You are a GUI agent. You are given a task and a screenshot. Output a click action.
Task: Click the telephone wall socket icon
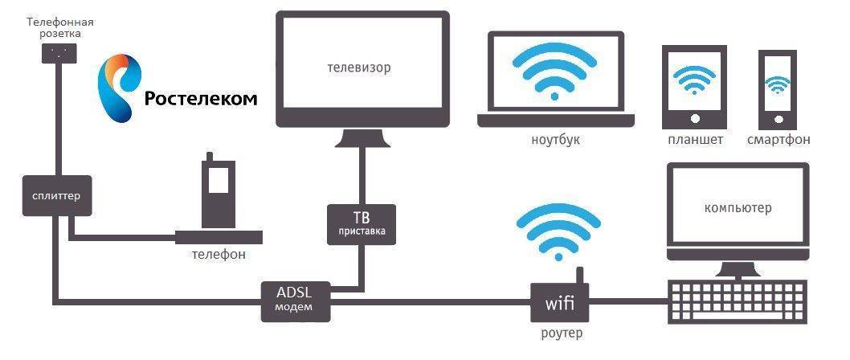pyautogui.click(x=59, y=52)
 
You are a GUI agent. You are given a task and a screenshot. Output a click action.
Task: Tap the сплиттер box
pyautogui.click(x=56, y=194)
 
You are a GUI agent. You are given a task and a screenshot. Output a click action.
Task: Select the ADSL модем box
pyautogui.click(x=295, y=299)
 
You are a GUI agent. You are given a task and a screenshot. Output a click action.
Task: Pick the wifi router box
pyautogui.click(x=559, y=302)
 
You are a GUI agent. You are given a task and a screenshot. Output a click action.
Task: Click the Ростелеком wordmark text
pyautogui.click(x=201, y=98)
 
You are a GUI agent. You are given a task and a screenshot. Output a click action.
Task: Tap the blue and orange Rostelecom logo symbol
pyautogui.click(x=119, y=87)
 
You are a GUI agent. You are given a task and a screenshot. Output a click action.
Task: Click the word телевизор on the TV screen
pyautogui.click(x=358, y=68)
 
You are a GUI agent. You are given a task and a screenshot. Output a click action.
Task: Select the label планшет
pyautogui.click(x=695, y=139)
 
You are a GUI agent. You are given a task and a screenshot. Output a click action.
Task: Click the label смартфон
pyautogui.click(x=778, y=139)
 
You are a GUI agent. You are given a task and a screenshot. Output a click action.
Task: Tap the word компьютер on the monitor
pyautogui.click(x=738, y=207)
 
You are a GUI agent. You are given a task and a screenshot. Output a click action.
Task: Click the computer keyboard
pyautogui.click(x=738, y=301)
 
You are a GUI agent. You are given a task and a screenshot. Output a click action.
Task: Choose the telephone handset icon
pyautogui.click(x=219, y=193)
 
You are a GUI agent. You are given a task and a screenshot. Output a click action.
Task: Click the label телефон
pyautogui.click(x=218, y=253)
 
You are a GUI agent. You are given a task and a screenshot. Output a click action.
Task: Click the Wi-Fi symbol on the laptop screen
pyautogui.click(x=554, y=72)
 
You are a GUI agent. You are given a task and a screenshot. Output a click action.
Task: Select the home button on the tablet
pyautogui.click(x=694, y=117)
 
